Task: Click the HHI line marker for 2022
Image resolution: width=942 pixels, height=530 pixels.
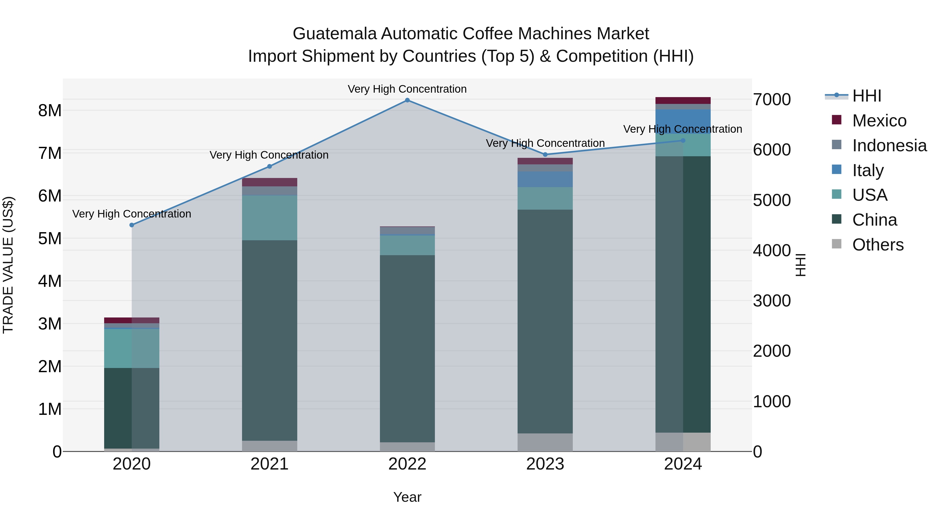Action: point(407,100)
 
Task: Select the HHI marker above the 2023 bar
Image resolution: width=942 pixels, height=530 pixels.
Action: point(545,154)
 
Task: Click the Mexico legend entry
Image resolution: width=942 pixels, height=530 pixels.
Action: point(879,121)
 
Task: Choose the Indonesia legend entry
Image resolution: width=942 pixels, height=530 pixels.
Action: point(889,146)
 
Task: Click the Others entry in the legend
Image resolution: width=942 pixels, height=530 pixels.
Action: point(878,245)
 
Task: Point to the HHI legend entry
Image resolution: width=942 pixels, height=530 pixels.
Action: point(867,96)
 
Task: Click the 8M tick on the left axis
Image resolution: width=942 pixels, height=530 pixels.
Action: point(50,110)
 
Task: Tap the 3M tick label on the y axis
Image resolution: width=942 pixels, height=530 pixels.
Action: point(50,324)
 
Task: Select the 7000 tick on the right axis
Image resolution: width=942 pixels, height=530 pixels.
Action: point(772,99)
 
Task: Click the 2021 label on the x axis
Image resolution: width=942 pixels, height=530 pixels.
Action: point(270,464)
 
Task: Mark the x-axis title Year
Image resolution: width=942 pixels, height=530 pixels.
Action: point(407,497)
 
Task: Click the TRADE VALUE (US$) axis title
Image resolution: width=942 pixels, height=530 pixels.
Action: point(8,265)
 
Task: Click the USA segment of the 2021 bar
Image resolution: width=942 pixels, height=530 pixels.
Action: point(270,218)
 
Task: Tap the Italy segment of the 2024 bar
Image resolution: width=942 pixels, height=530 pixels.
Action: point(683,121)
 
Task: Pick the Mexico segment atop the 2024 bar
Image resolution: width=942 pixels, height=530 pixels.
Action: point(683,101)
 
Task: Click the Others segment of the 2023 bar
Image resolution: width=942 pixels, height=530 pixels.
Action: point(545,442)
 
